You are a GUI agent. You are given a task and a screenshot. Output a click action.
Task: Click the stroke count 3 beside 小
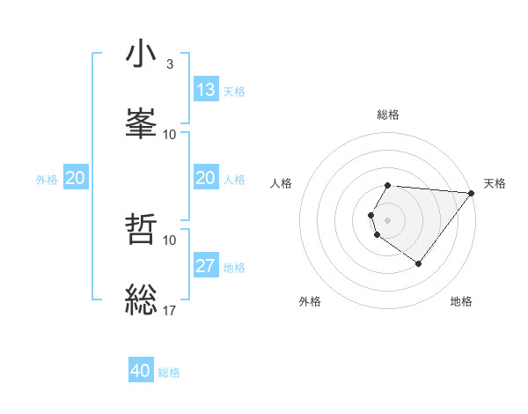click(x=170, y=64)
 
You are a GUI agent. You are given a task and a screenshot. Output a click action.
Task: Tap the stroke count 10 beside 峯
click(x=170, y=134)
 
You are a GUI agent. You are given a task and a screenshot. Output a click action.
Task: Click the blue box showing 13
click(x=206, y=89)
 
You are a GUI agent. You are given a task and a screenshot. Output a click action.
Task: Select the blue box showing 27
click(x=206, y=266)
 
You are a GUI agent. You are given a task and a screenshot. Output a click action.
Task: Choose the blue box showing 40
click(x=141, y=371)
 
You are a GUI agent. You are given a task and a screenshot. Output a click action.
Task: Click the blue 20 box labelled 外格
click(x=75, y=178)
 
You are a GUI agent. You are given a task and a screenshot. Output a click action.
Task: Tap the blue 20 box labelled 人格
click(x=206, y=178)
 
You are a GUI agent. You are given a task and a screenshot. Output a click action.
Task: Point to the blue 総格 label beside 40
click(x=169, y=373)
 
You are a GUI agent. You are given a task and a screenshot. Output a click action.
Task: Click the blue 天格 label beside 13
click(x=234, y=91)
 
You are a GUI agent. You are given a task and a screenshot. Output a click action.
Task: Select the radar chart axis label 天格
click(x=495, y=183)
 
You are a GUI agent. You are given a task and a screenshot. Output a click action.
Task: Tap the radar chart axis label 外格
click(x=310, y=301)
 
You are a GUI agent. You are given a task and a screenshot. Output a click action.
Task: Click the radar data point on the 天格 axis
click(x=472, y=193)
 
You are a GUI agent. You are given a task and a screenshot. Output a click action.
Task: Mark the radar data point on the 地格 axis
click(x=418, y=263)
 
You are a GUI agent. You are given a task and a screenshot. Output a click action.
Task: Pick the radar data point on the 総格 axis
click(x=388, y=185)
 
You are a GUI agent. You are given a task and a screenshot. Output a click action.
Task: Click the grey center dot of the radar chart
click(x=388, y=219)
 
